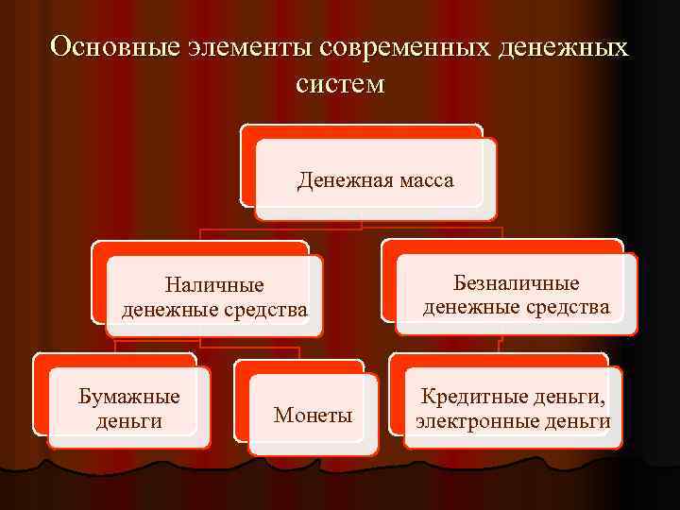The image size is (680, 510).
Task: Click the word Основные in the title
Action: pyautogui.click(x=114, y=47)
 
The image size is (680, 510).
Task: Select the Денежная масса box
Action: pyautogui.click(x=376, y=179)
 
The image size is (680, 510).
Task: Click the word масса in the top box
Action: pyautogui.click(x=425, y=179)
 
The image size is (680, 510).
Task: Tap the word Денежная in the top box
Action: pyautogui.click(x=341, y=179)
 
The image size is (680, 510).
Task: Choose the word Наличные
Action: pyautogui.click(x=214, y=285)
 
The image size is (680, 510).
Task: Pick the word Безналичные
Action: pyautogui.click(x=517, y=283)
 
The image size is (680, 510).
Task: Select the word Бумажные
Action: pyautogui.click(x=128, y=397)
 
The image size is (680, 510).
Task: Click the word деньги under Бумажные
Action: pyautogui.click(x=128, y=420)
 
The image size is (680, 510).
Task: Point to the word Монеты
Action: pyautogui.click(x=313, y=416)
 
